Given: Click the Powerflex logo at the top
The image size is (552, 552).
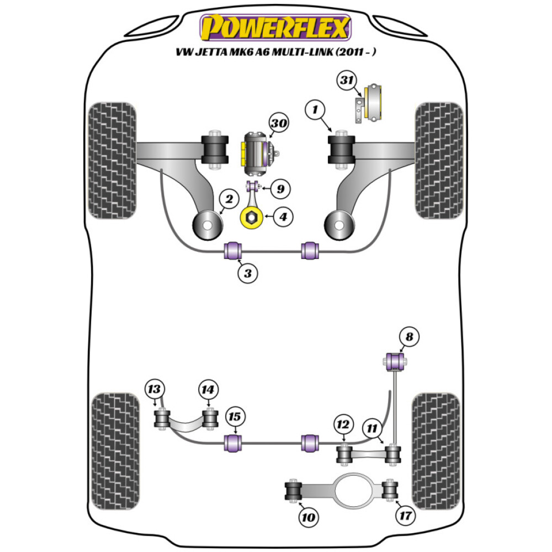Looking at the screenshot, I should point(275,28).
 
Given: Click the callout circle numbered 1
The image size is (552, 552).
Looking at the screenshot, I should point(315,111).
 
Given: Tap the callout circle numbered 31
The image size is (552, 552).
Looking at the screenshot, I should point(347,81).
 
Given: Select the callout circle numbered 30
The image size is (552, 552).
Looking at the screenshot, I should point(279,124).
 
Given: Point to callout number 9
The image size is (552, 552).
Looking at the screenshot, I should point(280,189).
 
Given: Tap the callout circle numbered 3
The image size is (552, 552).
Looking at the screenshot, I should point(248,273).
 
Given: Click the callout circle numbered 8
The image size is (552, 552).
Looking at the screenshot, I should point(409,336).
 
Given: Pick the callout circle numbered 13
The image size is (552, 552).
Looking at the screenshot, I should point(155,389).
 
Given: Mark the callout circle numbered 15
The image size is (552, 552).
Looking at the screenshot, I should point(235,417).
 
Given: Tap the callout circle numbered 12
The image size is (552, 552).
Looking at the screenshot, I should point(343,424).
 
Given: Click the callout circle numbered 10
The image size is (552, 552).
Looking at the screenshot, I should point(307,517).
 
